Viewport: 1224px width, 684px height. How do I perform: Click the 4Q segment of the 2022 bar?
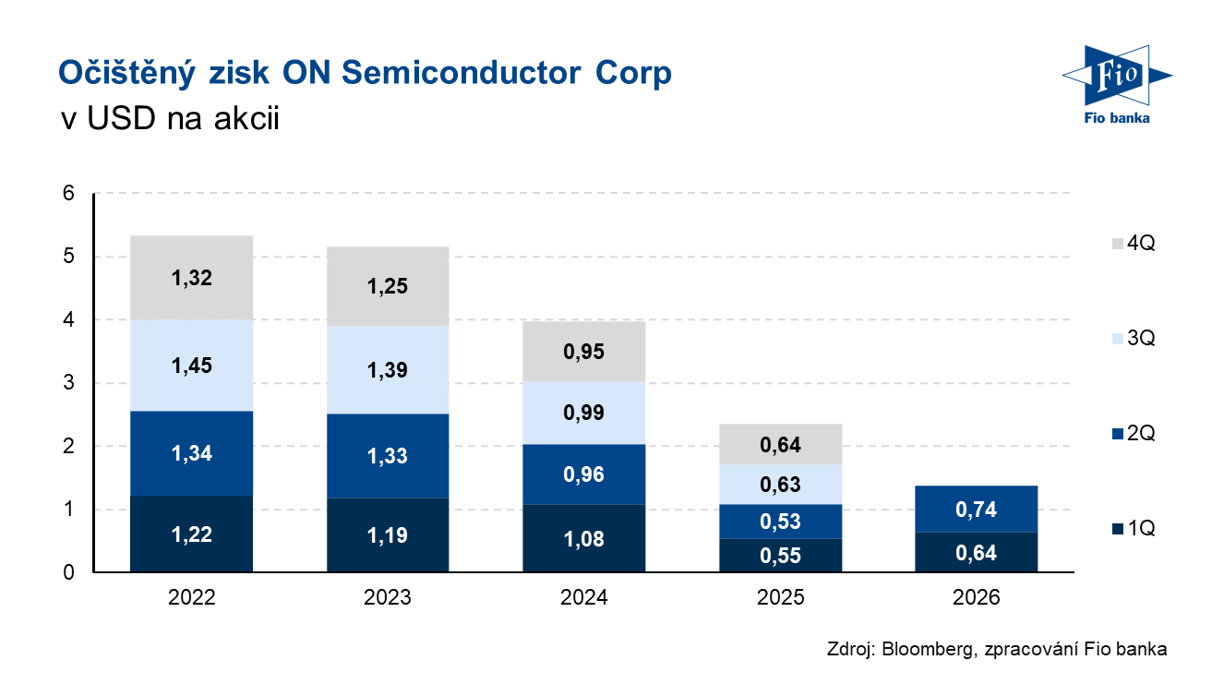point(191,278)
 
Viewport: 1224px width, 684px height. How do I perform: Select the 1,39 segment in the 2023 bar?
point(388,370)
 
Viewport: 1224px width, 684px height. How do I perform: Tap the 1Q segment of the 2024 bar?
point(583,538)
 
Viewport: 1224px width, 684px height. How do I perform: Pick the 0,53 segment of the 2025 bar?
point(780,522)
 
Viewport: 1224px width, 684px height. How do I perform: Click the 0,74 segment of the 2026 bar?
point(976,509)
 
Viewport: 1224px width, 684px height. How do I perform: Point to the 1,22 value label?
point(191,534)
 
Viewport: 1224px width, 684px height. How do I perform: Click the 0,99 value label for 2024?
point(583,413)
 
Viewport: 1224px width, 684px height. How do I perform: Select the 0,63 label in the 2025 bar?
point(780,485)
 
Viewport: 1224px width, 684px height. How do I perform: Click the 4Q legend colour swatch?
point(1118,244)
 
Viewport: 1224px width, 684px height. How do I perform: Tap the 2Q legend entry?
point(1134,433)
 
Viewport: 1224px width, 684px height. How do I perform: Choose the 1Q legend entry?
point(1134,528)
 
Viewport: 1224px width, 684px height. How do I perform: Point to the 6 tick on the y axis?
point(68,193)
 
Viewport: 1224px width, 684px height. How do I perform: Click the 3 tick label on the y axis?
point(68,382)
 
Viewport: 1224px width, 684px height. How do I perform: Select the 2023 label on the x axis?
point(388,597)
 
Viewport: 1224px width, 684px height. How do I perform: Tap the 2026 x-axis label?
point(976,597)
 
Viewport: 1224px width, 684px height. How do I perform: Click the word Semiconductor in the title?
point(461,73)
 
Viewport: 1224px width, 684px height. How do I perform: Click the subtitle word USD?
point(121,118)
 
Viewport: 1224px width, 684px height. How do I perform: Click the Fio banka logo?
point(1116,85)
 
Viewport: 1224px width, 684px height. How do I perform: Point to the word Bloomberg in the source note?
point(929,649)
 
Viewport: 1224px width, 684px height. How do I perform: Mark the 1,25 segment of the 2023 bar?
point(388,286)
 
